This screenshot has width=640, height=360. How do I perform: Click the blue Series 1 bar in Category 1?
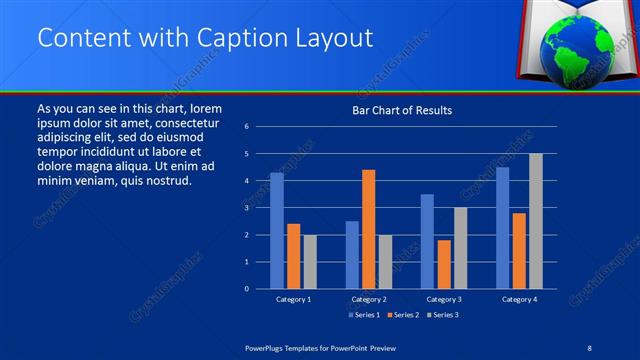coord(276,231)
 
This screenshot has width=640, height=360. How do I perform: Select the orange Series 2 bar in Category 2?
coord(368,229)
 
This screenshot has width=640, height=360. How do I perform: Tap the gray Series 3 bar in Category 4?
coord(536,221)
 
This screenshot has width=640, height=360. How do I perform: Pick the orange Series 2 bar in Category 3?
coord(444,264)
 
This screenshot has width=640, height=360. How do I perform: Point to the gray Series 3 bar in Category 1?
coord(310,262)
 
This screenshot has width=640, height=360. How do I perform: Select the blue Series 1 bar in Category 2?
coord(352,255)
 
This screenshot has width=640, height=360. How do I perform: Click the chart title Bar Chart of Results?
coord(402,110)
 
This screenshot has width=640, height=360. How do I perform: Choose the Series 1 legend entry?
coord(363,315)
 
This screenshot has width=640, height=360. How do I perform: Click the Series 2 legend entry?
coord(402,315)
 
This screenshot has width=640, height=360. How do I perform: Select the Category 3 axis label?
coord(443,299)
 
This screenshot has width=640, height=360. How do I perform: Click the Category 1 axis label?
coord(293,299)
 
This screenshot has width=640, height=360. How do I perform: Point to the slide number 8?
coord(589,346)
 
